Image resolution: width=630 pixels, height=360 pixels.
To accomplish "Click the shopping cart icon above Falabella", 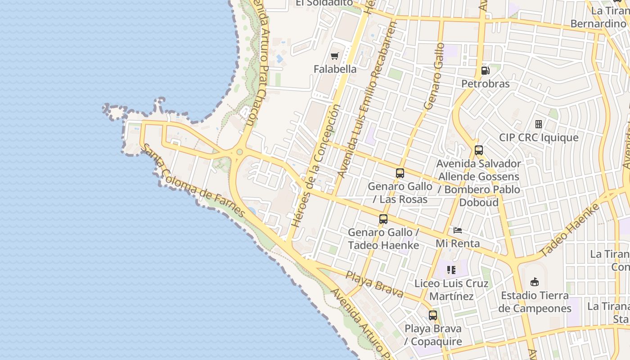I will (x=334, y=56).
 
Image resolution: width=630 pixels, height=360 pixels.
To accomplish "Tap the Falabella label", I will (x=335, y=69).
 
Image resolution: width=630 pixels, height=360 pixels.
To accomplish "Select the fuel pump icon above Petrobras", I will (x=485, y=70).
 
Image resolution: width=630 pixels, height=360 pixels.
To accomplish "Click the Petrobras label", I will (x=486, y=84).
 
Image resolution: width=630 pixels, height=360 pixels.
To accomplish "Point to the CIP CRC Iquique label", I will (x=539, y=137).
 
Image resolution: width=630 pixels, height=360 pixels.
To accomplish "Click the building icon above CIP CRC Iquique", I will (x=538, y=124).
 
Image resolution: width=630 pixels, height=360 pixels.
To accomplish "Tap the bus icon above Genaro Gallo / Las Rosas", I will (x=400, y=173).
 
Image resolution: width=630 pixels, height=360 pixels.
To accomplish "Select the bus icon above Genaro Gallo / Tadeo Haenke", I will (x=383, y=219).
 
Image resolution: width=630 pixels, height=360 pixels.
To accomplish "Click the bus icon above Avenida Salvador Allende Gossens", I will (x=479, y=150).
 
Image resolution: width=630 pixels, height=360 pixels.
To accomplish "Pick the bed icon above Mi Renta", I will (x=458, y=230).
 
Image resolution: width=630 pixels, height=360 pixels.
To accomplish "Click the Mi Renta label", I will (x=458, y=243).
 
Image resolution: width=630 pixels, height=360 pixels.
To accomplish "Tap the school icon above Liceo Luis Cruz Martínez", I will (x=451, y=270).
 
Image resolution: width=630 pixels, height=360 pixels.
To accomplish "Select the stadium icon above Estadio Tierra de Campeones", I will (x=535, y=282).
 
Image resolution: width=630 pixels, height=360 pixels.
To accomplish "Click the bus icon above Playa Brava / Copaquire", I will (x=433, y=315).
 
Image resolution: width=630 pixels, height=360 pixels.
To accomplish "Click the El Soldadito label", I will (x=324, y=3).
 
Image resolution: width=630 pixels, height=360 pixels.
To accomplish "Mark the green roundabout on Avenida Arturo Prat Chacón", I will (x=239, y=152).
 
